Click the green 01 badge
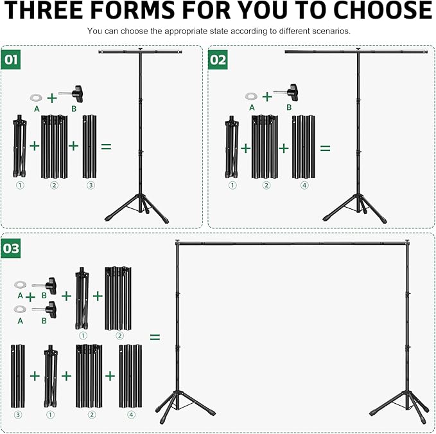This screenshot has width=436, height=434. point(10,60)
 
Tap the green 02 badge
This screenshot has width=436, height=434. point(218,60)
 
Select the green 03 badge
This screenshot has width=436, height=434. point(11,248)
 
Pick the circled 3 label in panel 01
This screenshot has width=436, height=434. point(91,185)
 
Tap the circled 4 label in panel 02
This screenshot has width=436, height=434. point(304,185)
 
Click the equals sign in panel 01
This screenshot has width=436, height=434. point(106,147)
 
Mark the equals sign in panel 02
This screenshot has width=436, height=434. point(326,148)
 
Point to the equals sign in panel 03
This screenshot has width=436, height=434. point(155,337)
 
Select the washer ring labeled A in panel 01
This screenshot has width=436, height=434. point(36,97)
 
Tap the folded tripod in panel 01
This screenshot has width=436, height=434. point(20,147)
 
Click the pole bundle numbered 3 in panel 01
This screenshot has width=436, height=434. point(90,147)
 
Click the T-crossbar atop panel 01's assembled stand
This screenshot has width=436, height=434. point(141,51)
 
